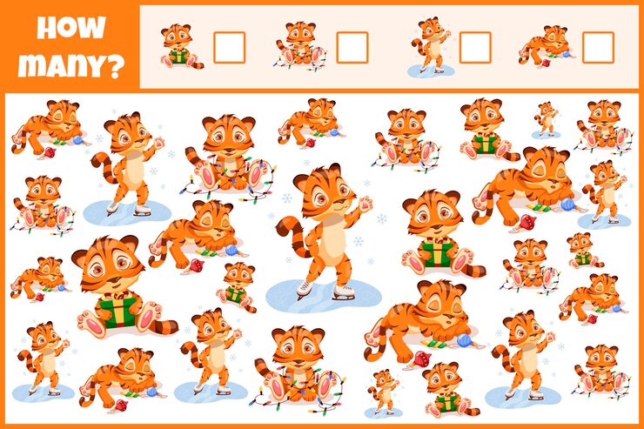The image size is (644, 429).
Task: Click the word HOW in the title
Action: [x=71, y=28]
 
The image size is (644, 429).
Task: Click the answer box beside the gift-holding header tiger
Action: [x=230, y=48]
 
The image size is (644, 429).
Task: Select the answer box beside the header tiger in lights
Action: [x=352, y=48]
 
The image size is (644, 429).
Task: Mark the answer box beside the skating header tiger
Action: [x=475, y=48]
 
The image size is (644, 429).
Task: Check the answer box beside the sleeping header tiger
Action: [x=598, y=48]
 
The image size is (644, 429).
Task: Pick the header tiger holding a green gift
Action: [x=181, y=46]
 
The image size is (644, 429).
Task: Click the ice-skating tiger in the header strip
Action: [x=432, y=44]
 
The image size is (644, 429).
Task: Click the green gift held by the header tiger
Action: [x=178, y=56]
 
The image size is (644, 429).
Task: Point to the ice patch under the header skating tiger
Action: [x=432, y=71]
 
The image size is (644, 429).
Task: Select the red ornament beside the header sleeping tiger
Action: [x=546, y=63]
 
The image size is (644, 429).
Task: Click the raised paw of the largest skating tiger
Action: [x=366, y=204]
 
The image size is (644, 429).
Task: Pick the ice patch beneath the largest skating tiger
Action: [x=324, y=296]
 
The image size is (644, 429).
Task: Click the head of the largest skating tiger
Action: [x=325, y=190]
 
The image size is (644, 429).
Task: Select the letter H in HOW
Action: [x=46, y=28]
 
